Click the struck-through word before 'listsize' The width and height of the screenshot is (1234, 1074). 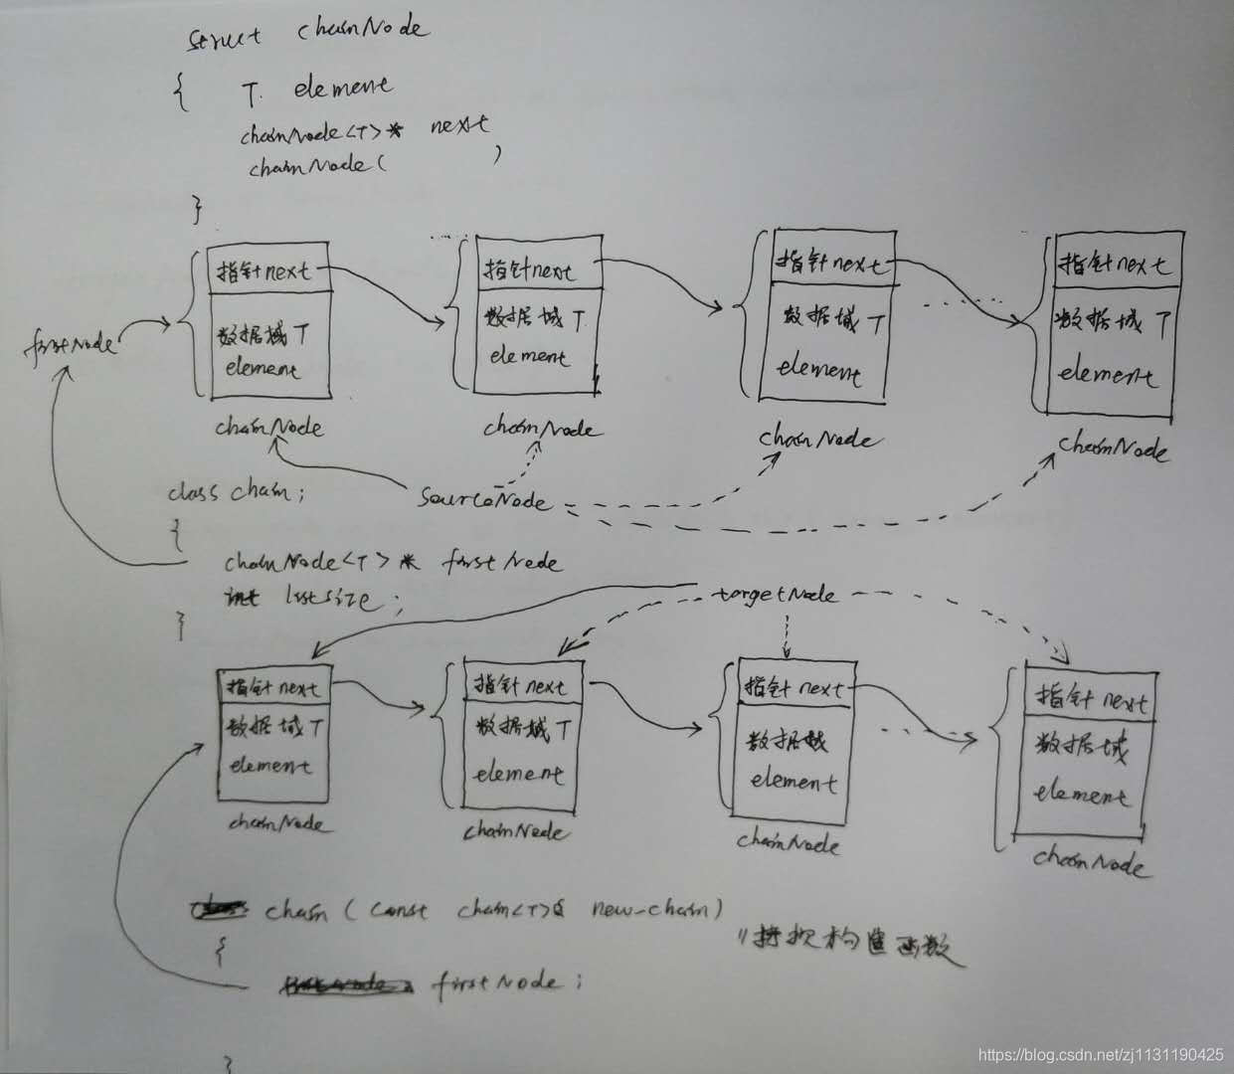(x=243, y=598)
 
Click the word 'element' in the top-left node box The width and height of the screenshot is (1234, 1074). (x=263, y=370)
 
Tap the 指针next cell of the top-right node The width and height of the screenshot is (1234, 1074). (x=1114, y=264)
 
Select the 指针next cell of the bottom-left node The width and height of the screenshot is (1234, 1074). (x=272, y=687)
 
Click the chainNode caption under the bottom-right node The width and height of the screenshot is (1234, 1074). (x=1089, y=861)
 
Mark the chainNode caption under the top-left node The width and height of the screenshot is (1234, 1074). (x=268, y=428)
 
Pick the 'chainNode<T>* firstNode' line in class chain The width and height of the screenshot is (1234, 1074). (x=393, y=563)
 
